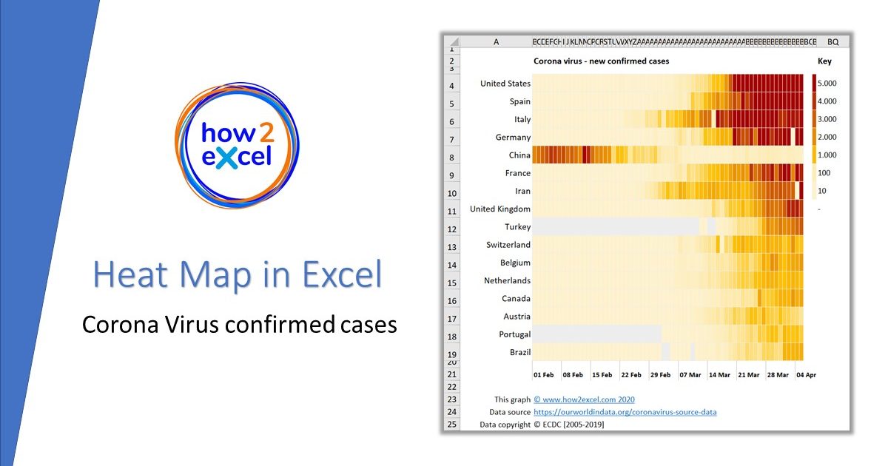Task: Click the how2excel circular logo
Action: click(236, 143)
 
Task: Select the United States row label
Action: click(505, 84)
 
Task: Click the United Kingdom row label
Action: click(499, 209)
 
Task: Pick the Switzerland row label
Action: click(508, 245)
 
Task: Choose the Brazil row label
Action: click(519, 352)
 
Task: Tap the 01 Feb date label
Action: click(543, 375)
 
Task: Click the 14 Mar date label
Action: click(719, 375)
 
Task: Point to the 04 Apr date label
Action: click(806, 375)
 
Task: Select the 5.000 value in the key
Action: click(827, 84)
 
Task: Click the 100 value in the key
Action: click(823, 173)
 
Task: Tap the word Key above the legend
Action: click(824, 61)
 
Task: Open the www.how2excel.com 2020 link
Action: click(584, 399)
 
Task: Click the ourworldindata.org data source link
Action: click(625, 412)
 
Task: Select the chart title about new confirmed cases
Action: click(601, 61)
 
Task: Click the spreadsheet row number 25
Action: click(451, 425)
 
